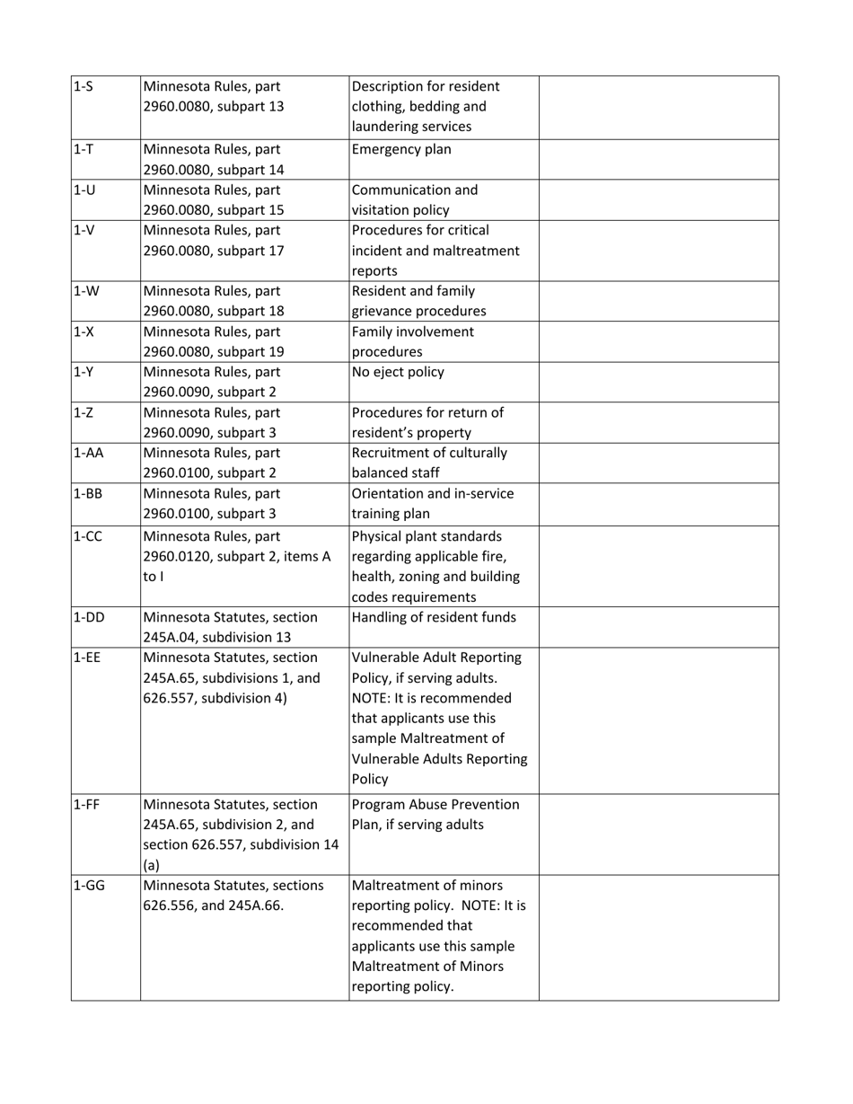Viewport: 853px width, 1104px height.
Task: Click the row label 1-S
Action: pyautogui.click(x=84, y=87)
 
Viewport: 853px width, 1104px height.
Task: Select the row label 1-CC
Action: pyautogui.click(x=87, y=537)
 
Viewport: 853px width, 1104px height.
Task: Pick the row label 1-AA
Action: pyautogui.click(x=87, y=453)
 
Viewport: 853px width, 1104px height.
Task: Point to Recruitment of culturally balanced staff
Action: pyautogui.click(x=429, y=463)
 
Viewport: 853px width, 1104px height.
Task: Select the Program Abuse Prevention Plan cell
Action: pyautogui.click(x=435, y=815)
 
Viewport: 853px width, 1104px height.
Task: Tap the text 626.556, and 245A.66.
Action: pyautogui.click(x=214, y=905)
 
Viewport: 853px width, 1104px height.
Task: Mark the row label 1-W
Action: pyautogui.click(x=84, y=291)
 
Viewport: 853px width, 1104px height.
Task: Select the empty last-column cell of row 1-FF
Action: pyautogui.click(x=658, y=834)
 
